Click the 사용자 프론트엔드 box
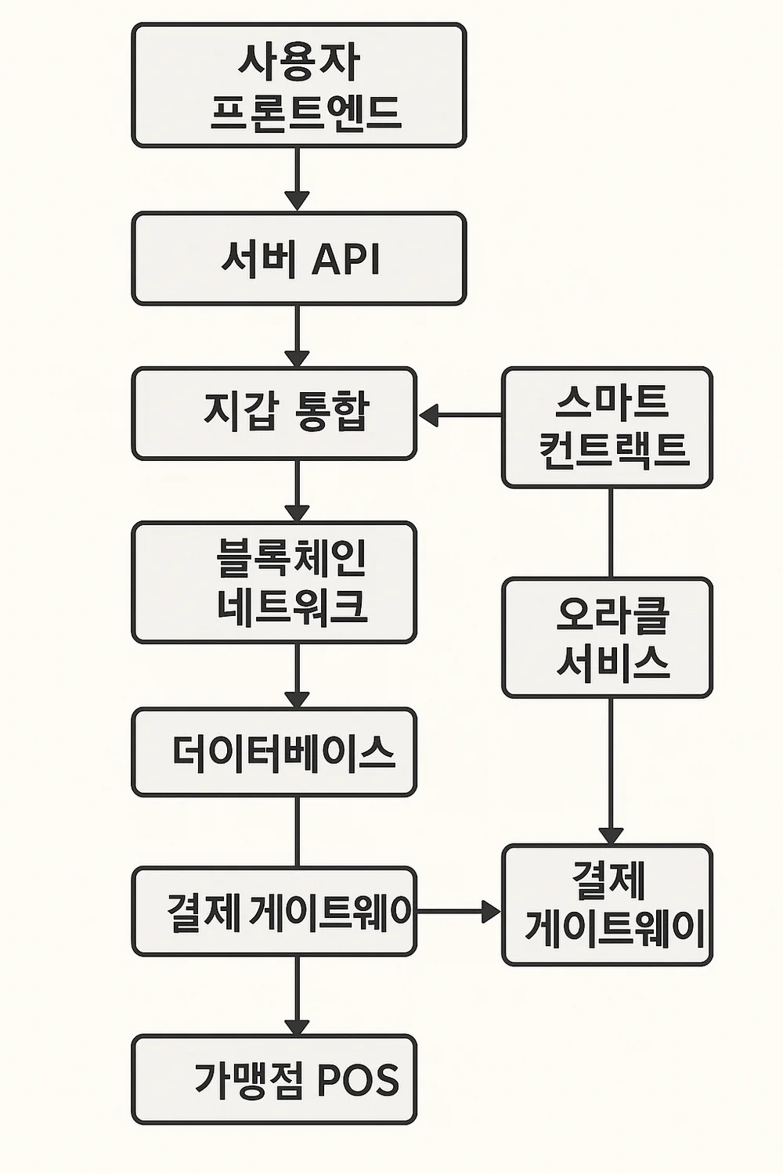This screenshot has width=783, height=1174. [x=298, y=85]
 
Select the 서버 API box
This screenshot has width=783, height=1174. [x=298, y=258]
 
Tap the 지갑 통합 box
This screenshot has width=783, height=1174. [x=274, y=413]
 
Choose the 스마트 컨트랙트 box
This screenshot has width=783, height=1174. [x=607, y=427]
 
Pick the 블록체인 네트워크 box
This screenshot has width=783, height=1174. [x=274, y=582]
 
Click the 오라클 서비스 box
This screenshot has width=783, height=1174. [x=607, y=637]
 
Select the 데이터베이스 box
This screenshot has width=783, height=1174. [x=274, y=752]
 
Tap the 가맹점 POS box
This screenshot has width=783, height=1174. [x=274, y=1079]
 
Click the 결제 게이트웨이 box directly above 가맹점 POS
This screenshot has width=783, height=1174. [x=274, y=911]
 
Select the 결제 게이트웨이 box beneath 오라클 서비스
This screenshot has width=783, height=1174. [x=607, y=905]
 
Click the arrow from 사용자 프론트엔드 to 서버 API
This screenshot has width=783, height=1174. [x=297, y=179]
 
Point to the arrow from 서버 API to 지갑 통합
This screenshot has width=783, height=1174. [x=297, y=336]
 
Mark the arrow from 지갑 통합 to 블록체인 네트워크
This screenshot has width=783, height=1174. [x=297, y=491]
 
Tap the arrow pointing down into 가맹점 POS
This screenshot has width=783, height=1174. [x=297, y=995]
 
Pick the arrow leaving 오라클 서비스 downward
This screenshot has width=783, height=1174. [x=611, y=771]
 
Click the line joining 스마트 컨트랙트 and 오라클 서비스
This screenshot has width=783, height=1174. [x=611, y=533]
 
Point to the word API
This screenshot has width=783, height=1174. [x=346, y=258]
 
